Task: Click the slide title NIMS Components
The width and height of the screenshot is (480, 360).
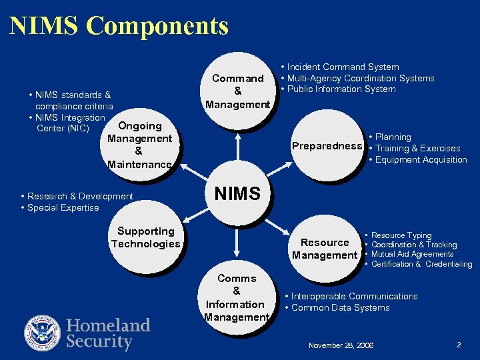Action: [119, 26]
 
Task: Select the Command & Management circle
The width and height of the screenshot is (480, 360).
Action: [237, 91]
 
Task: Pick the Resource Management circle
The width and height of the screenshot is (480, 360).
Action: [325, 249]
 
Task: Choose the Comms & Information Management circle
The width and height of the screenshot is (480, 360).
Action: [236, 297]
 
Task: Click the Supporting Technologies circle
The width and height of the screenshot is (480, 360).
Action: [145, 237]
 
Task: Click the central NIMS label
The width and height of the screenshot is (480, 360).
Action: [237, 194]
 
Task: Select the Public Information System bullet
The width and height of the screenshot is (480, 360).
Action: [341, 89]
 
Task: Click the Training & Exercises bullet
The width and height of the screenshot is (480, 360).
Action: [417, 149]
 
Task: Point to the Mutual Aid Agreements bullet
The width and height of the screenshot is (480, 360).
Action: [412, 254]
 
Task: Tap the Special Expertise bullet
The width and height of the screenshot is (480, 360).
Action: [63, 208]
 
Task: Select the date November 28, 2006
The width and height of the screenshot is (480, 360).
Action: [341, 345]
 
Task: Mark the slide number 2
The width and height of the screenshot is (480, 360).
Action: [459, 345]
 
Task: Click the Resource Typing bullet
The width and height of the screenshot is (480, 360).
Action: [401, 235]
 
